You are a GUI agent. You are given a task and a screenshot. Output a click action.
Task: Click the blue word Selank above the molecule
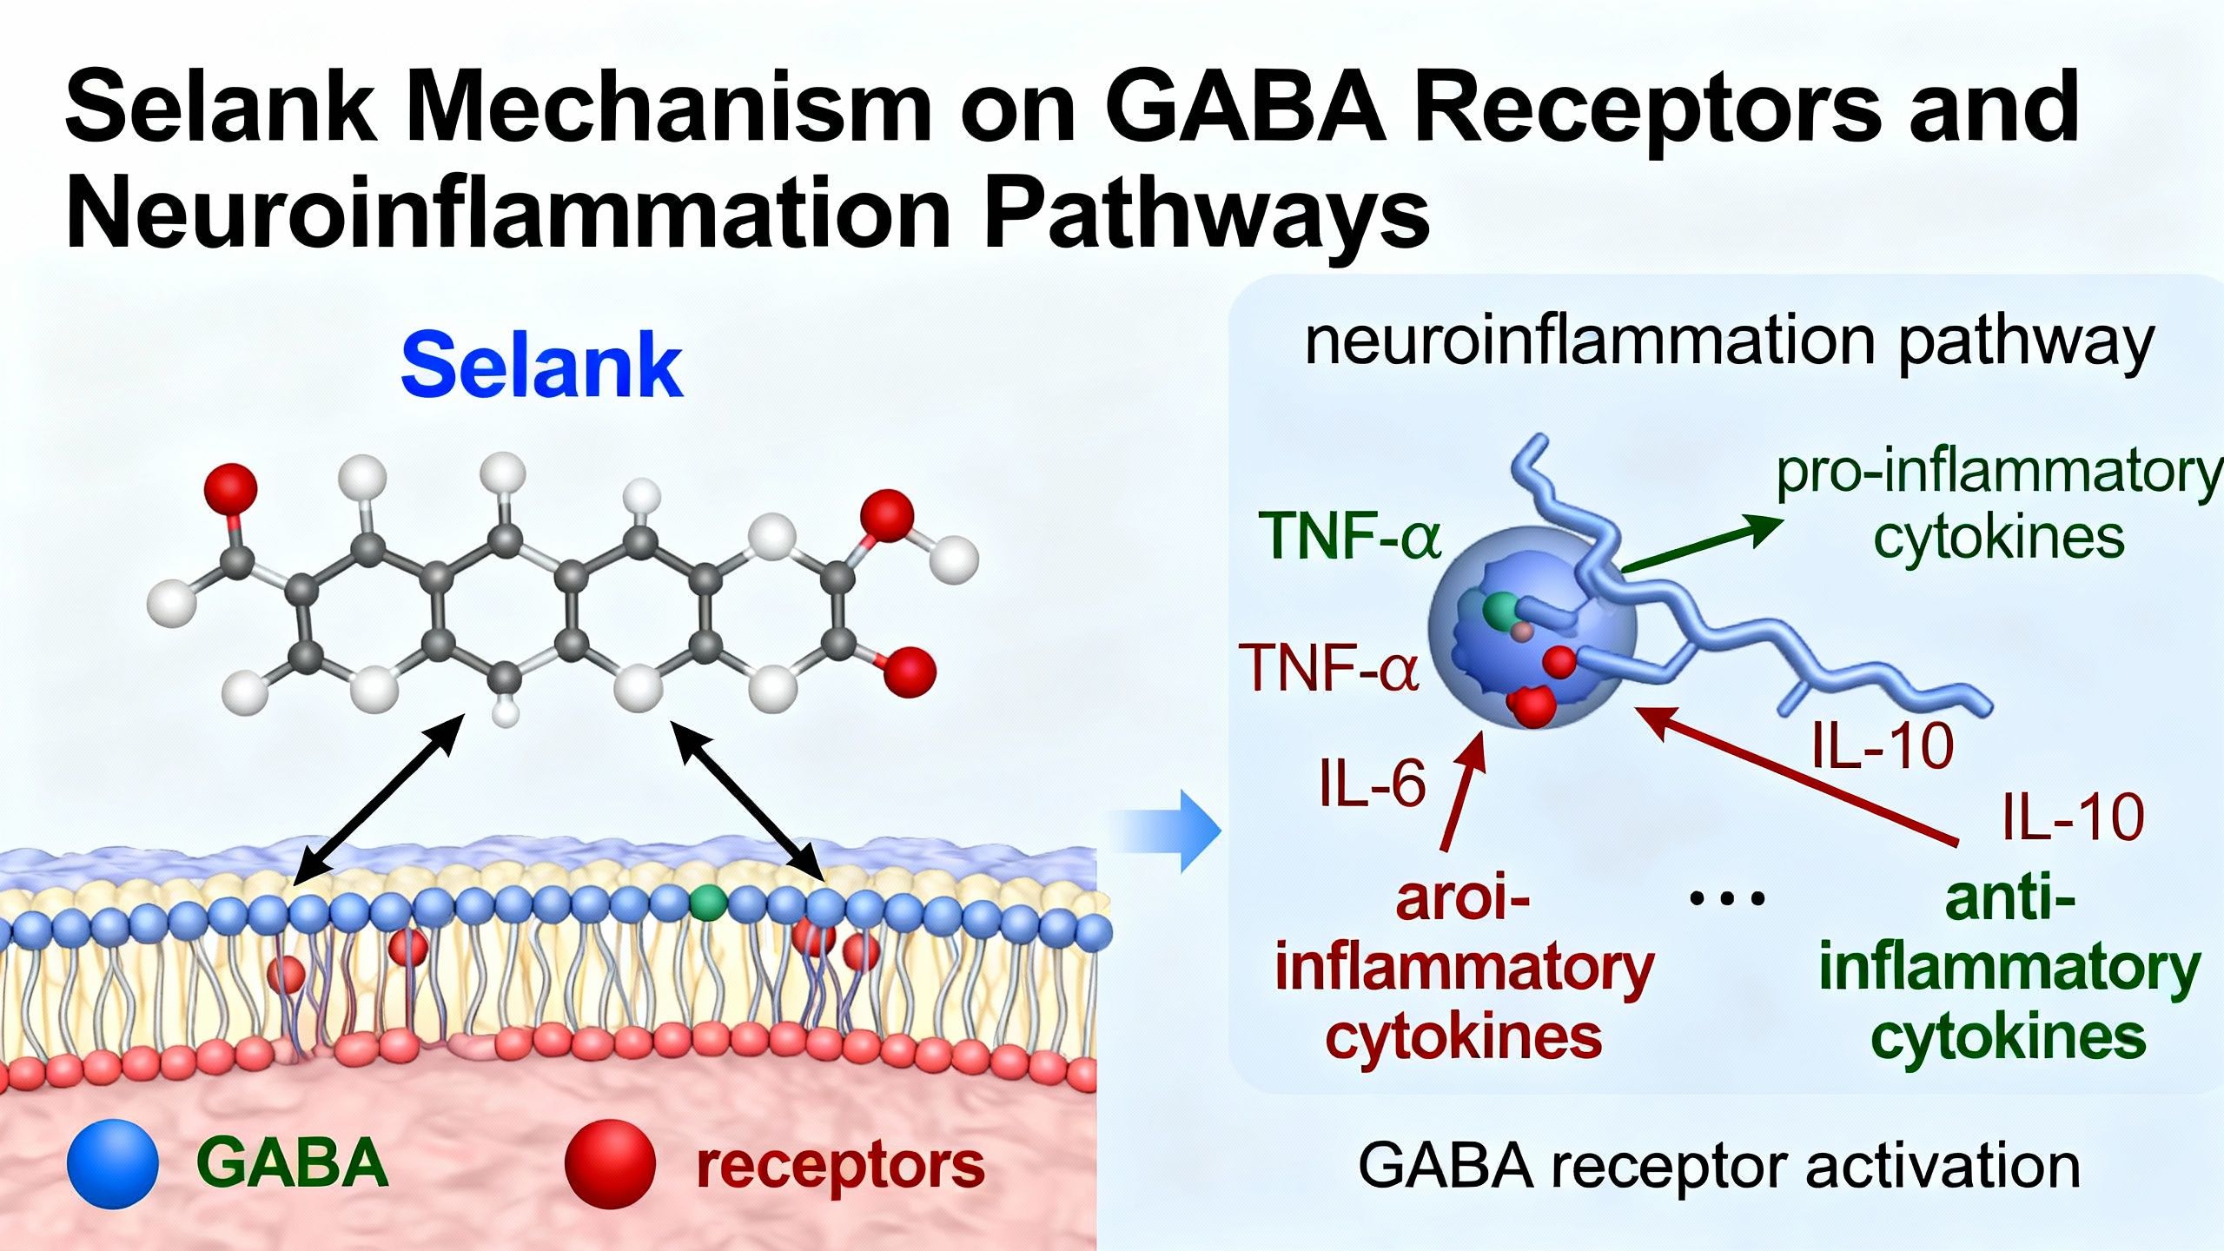(x=541, y=367)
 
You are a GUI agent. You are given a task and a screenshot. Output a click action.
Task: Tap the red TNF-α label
(x=1332, y=668)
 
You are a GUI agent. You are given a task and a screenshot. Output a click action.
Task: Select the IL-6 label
(x=1373, y=784)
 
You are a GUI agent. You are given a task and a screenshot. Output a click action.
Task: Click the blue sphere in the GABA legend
(x=113, y=1163)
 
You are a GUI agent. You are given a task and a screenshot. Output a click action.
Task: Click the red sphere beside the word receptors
(x=610, y=1163)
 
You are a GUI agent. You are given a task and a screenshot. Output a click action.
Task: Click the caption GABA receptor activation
(x=1718, y=1166)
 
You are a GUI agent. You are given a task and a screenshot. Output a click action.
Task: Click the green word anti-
(x=2009, y=899)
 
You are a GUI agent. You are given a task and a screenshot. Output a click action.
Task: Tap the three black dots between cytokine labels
(x=1727, y=899)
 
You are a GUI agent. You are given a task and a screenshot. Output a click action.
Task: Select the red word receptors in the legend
(x=840, y=1165)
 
